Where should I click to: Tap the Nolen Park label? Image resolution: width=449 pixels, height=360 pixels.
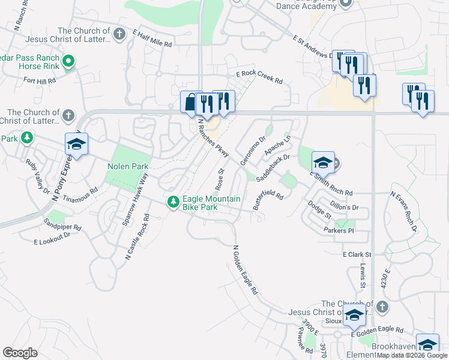[127, 166]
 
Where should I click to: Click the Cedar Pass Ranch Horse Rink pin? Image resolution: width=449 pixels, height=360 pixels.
[68, 61]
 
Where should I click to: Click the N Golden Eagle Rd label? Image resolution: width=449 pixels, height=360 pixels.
[245, 269]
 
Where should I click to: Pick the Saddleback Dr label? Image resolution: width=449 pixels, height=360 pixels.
[273, 168]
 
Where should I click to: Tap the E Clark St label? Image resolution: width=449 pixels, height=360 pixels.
[358, 254]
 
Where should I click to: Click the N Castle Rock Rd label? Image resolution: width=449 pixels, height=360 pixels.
[136, 236]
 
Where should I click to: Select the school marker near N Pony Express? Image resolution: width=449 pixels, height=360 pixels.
[76, 144]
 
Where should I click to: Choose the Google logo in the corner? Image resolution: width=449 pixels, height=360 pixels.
[20, 353]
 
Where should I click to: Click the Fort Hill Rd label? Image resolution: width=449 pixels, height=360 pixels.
[40, 80]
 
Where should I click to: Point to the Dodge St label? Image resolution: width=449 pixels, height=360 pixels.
[319, 210]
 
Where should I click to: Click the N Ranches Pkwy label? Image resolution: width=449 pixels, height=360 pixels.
[213, 138]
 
